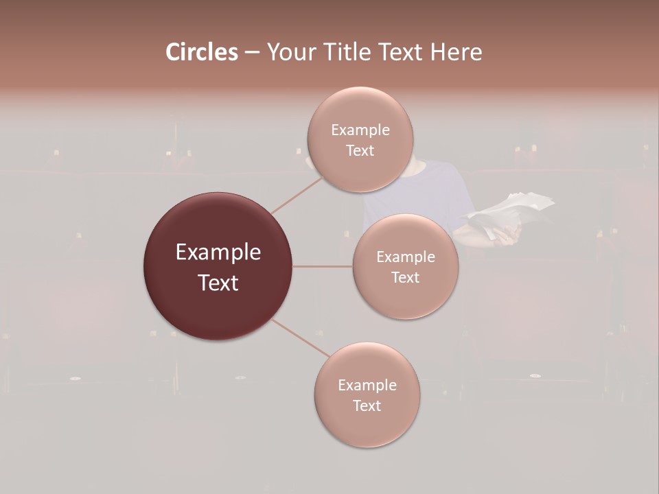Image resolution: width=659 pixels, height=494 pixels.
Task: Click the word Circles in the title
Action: click(202, 52)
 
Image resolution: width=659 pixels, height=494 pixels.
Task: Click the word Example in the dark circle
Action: click(218, 252)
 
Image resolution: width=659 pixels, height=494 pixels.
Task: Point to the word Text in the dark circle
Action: click(218, 283)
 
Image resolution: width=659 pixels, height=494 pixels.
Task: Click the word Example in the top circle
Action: click(360, 130)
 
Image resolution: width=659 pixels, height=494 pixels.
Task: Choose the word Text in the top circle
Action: click(360, 151)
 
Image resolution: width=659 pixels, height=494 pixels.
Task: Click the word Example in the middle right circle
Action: click(406, 257)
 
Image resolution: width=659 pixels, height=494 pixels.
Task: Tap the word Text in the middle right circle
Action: click(406, 278)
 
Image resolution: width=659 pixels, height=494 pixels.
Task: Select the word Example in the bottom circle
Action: click(367, 386)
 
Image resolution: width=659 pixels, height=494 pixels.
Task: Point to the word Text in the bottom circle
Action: click(367, 406)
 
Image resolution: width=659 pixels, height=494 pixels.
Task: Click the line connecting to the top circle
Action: click(297, 194)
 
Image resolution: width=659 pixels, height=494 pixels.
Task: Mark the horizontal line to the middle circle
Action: click(323, 266)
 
